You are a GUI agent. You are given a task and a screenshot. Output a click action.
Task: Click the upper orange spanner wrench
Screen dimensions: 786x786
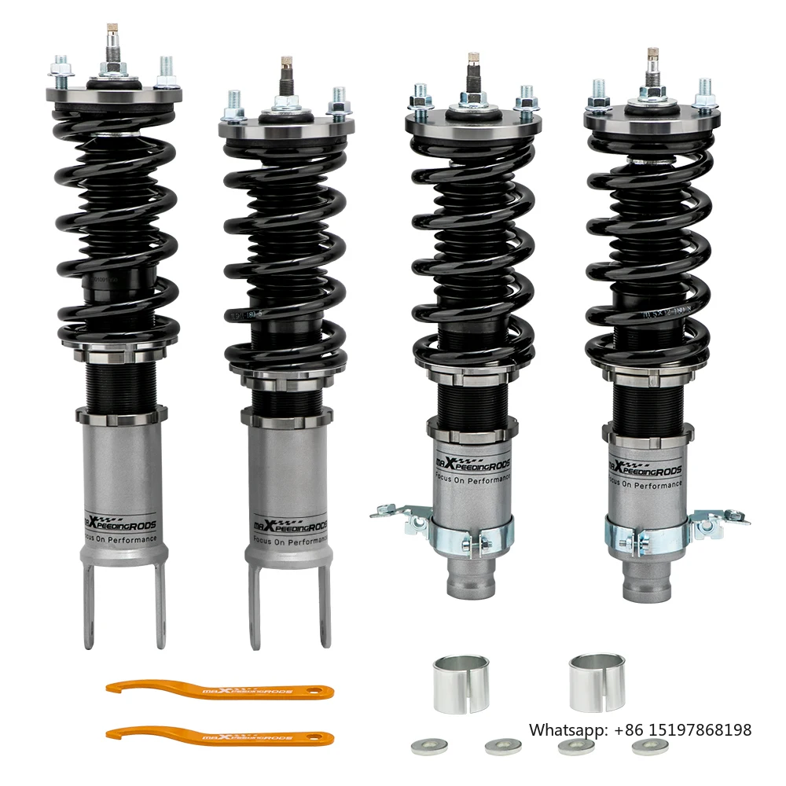[220, 690]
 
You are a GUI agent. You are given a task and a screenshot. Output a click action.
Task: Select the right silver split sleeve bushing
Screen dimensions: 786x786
[597, 681]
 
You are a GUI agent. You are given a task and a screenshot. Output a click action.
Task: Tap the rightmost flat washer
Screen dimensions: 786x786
[649, 746]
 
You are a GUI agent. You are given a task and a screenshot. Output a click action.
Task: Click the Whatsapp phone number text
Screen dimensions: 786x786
[640, 729]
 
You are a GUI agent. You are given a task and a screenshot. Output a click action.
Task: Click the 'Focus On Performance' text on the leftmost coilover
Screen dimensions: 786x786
[121, 541]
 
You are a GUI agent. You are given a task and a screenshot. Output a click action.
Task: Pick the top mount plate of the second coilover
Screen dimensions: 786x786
[286, 126]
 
